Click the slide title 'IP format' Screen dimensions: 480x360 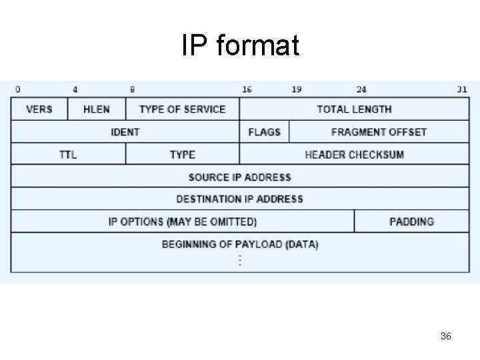coord(240,46)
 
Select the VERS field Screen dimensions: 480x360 coord(39,109)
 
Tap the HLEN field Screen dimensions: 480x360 coord(97,109)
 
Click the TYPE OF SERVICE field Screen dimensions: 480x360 coord(182,109)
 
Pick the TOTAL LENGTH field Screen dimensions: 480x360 coord(354,109)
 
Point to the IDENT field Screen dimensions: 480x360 coord(125,132)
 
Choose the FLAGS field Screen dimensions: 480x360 coord(264,132)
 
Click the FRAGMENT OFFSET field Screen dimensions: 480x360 coord(379,132)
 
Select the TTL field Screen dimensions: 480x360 coord(68,155)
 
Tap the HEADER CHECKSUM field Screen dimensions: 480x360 coord(354,155)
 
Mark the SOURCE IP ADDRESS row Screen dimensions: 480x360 coord(240,177)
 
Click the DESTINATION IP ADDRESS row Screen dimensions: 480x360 coord(240,199)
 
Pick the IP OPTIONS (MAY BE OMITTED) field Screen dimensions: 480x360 coord(183,221)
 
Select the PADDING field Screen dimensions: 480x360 coord(411,221)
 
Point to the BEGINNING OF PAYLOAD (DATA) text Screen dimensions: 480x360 coord(240,244)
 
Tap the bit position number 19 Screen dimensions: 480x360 coord(296,89)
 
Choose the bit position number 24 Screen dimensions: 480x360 coord(361,89)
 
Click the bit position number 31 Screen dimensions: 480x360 coord(462,89)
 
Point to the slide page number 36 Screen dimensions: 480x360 coord(446,337)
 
